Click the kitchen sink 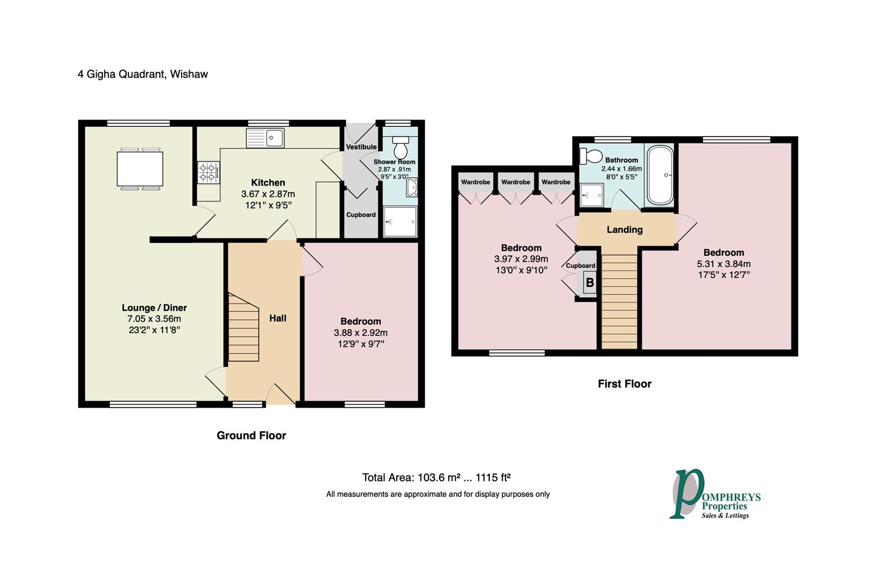coord(265,138)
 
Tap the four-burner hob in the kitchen coord(209,173)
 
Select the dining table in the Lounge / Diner coord(140,169)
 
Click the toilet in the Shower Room coord(400,147)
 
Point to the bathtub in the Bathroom coord(660,175)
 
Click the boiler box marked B coord(590,283)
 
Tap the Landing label coord(625,230)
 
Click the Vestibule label coord(361,147)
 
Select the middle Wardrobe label coord(516,182)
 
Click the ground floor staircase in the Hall coord(243,327)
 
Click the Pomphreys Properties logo coord(715,494)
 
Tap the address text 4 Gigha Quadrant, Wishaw coord(143,74)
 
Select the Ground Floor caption coord(251,435)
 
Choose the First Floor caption coord(625,384)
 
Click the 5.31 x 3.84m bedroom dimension coord(724,264)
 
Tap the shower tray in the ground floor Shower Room coord(400,222)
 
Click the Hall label coord(278,318)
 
